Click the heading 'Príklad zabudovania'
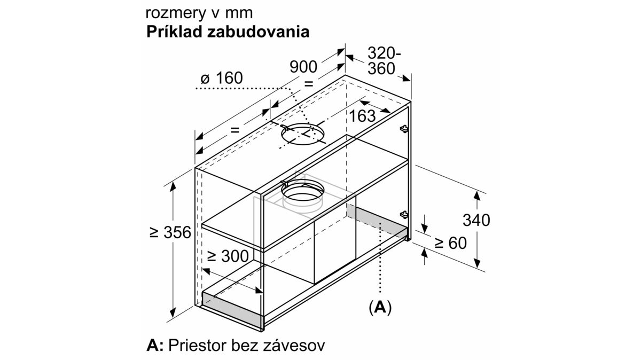pos(228,32)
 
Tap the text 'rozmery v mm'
pos(199,13)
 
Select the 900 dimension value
pos(303,67)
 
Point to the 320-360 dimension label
pos(384,61)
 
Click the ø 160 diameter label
pos(222,78)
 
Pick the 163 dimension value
pos(362,116)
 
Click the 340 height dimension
pos(476,221)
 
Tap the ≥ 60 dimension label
pos(451,243)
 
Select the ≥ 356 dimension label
pos(170,232)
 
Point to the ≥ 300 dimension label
pos(228,256)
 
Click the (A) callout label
pos(380,308)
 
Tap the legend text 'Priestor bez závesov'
pos(247,346)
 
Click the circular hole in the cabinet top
pos(303,134)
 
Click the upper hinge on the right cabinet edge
pos(404,129)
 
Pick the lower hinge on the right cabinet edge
pos(404,215)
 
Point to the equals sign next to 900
pos(308,84)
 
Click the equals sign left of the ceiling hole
pos(234,130)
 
